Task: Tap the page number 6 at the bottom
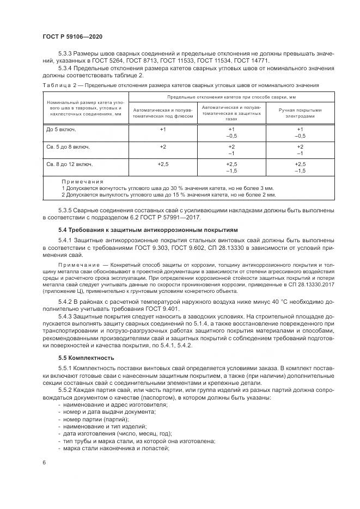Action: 44,462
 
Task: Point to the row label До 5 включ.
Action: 60,130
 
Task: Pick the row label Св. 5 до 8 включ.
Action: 68,147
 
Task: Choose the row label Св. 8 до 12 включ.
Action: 69,164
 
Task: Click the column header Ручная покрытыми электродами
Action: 300,113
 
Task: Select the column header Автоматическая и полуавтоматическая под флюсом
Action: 162,113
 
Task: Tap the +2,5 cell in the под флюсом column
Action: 163,164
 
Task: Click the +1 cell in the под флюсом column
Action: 163,130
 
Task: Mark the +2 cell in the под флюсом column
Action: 163,147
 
